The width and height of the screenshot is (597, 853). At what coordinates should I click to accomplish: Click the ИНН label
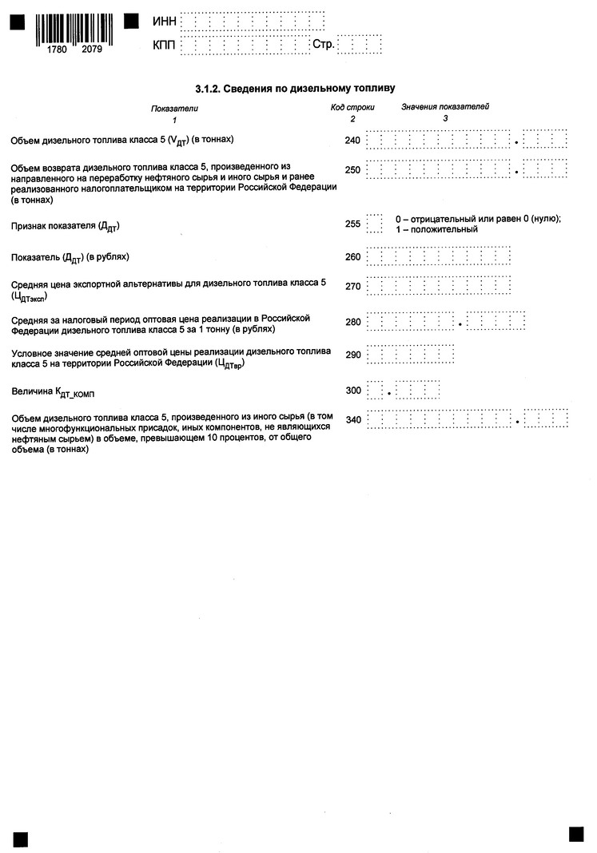[163, 21]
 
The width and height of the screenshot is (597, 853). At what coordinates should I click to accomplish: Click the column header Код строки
[352, 107]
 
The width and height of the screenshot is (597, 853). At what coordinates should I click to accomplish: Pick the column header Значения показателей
[445, 106]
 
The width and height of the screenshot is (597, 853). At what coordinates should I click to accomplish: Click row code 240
[352, 141]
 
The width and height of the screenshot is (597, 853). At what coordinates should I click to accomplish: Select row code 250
[352, 170]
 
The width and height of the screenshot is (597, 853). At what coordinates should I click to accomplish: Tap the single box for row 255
[374, 224]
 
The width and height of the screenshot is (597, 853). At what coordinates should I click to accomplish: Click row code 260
[352, 257]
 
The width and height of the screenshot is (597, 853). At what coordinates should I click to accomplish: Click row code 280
[352, 323]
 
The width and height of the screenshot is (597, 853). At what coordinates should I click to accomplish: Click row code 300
[352, 391]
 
